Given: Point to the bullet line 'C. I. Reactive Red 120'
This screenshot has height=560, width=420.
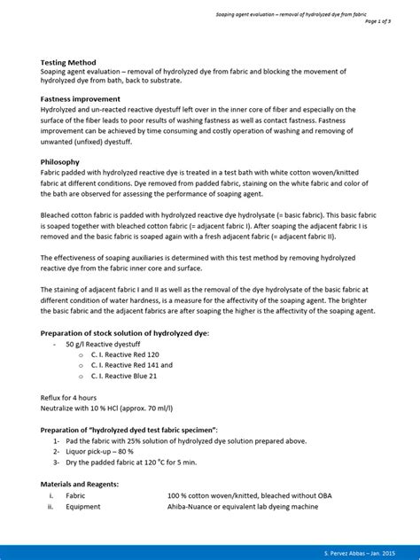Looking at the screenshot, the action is point(122,354).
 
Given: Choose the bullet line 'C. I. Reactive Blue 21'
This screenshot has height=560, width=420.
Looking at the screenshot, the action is point(122,376).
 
